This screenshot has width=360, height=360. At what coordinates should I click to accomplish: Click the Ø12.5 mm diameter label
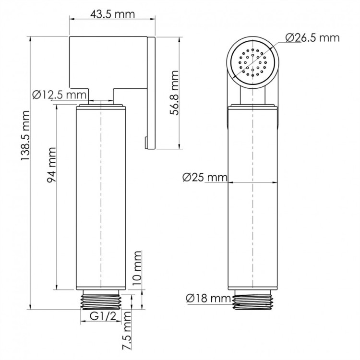(60, 96)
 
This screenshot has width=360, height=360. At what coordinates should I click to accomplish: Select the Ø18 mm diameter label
(208, 299)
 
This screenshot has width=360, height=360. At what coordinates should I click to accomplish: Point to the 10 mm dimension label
(138, 272)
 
